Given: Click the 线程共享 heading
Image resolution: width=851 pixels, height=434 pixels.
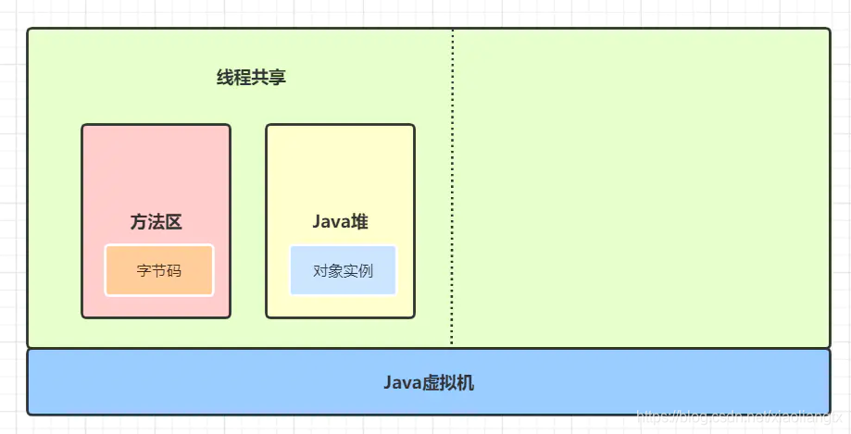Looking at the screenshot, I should point(251,78).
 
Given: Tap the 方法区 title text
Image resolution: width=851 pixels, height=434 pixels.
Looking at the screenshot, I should point(156,222).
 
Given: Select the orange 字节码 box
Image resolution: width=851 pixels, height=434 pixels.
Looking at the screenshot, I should point(158,270).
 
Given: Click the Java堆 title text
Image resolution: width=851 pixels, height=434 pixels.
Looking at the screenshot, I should point(341,222).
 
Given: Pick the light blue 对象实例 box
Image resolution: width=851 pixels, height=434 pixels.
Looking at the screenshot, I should point(343,270).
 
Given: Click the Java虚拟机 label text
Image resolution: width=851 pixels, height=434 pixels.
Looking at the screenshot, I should point(429,382).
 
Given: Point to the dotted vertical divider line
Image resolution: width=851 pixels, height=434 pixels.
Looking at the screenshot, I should point(453,185).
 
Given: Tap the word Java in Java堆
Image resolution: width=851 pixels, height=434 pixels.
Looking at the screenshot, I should point(331,222).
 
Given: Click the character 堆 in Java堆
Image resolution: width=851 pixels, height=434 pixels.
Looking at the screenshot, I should point(359,222).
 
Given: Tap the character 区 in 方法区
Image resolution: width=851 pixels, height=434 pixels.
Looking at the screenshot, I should point(173,222).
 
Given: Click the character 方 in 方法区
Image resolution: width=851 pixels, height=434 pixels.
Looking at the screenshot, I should point(139,222).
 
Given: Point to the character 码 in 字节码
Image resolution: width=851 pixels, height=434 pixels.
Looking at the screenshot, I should point(174,271).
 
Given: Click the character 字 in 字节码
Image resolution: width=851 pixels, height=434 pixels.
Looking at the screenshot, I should point(144,271).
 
